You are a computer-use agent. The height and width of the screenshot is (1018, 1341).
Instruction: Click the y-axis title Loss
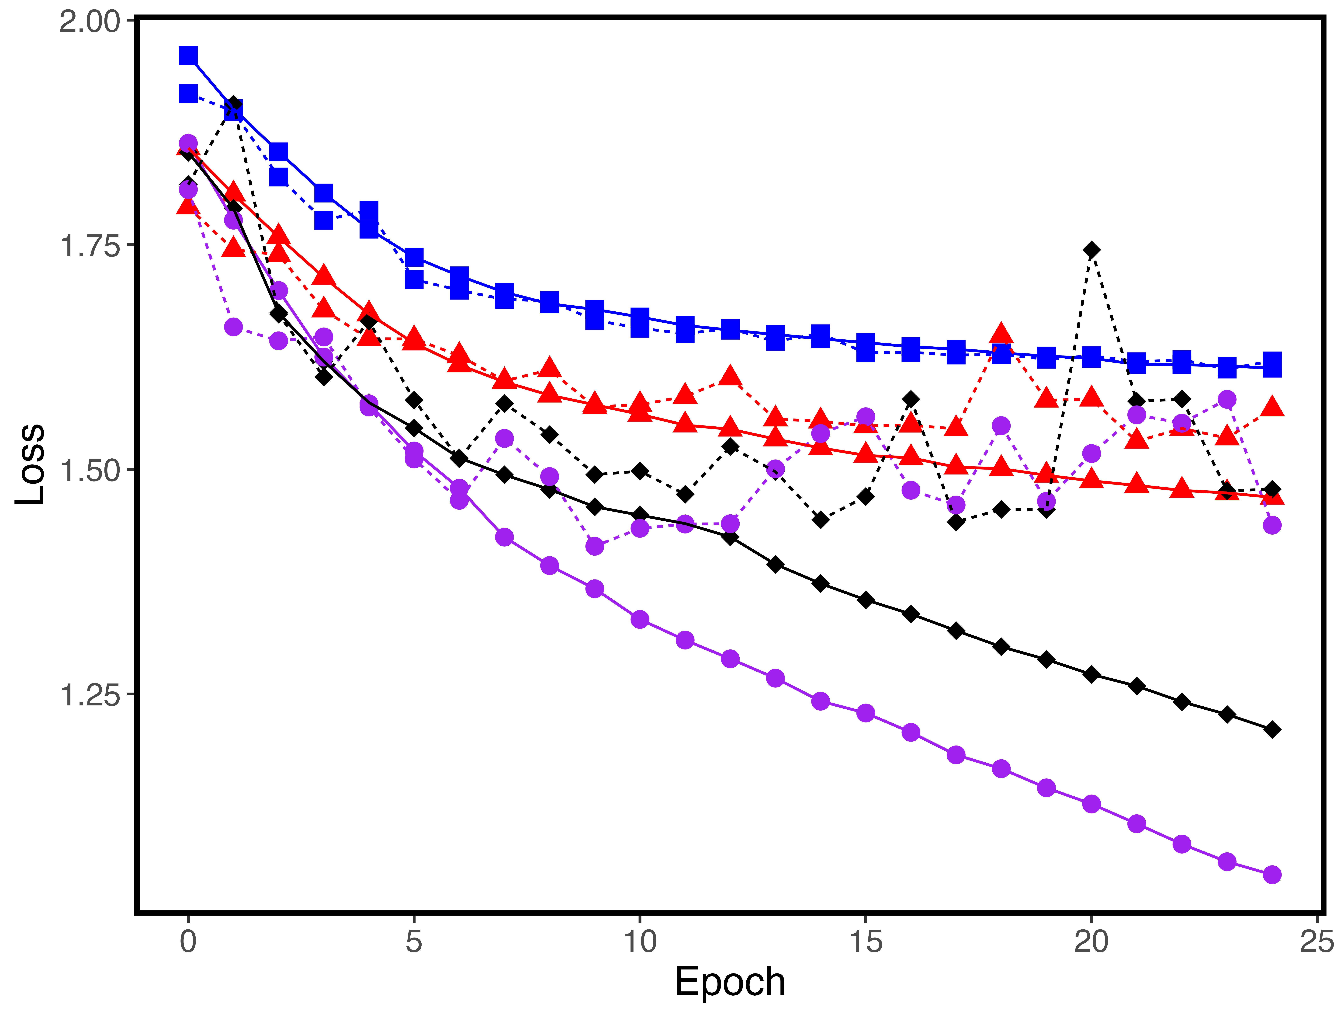[30, 464]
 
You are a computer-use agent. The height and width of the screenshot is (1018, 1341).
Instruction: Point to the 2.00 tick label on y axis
[90, 22]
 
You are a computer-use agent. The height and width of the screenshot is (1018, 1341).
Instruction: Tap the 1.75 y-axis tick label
[90, 246]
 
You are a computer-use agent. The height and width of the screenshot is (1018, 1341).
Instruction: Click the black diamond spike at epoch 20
[1091, 250]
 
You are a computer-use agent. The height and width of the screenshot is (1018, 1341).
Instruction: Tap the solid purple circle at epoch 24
[1272, 874]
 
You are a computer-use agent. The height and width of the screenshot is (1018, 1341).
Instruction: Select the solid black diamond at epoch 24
[1272, 729]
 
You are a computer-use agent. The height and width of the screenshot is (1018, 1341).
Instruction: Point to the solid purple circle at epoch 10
[640, 619]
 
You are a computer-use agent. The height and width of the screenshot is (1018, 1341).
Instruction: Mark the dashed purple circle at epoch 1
[233, 327]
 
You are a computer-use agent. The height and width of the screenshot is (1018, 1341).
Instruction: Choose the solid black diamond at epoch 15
[866, 600]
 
